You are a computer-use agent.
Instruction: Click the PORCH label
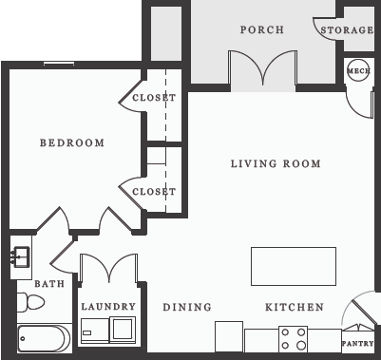[x=261, y=29]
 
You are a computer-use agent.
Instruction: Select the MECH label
[x=358, y=70]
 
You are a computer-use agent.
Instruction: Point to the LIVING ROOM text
[x=276, y=163]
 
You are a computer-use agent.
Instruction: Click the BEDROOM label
[x=71, y=142]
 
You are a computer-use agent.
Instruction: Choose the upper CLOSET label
[x=154, y=98]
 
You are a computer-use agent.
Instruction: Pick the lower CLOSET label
[x=154, y=191]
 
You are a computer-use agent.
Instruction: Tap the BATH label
[x=48, y=284]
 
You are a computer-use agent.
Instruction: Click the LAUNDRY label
[x=108, y=307]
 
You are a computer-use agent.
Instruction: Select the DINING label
[x=186, y=307]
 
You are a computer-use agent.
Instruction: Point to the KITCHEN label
[x=294, y=307]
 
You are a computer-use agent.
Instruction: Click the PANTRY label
[x=357, y=343]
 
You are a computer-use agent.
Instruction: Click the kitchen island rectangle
[x=293, y=266]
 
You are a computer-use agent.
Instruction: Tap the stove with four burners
[x=293, y=339]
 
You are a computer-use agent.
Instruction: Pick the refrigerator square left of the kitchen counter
[x=229, y=336]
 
